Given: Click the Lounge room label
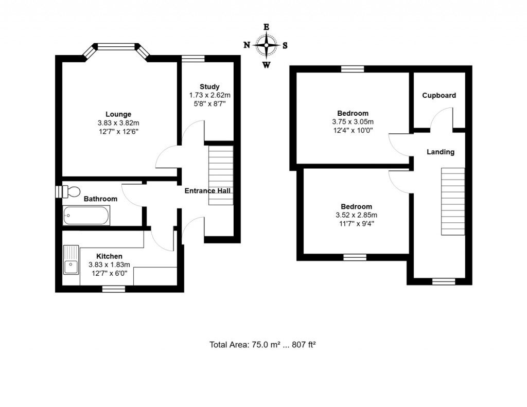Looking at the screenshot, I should [x=118, y=114].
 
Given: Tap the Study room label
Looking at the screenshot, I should [x=209, y=86].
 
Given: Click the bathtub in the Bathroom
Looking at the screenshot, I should [x=86, y=216].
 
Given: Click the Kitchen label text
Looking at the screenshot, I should [x=109, y=256].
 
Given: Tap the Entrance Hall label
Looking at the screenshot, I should [x=207, y=191].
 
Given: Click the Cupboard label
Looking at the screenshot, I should [x=439, y=96].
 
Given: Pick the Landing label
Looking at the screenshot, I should [x=440, y=152].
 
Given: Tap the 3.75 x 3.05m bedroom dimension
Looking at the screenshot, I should [x=353, y=122].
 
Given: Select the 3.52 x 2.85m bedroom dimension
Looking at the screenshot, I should [x=353, y=215].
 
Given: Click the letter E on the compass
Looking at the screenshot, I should [x=266, y=27].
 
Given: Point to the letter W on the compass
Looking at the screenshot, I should [x=266, y=65].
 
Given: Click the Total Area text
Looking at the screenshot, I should [x=262, y=345].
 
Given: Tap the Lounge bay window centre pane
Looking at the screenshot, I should [x=116, y=47].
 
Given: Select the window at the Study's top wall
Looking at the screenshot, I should [x=192, y=58].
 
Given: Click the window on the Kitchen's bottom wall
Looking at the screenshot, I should [x=114, y=289].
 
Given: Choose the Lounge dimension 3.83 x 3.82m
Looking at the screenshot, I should [x=118, y=123].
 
